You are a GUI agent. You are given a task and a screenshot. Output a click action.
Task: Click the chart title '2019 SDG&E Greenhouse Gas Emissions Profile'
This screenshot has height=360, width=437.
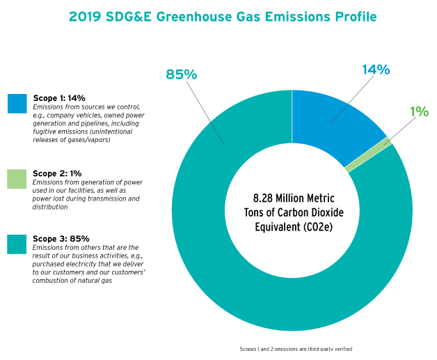[x=218, y=16]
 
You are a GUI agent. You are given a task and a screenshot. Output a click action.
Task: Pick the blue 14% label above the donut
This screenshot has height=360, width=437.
[x=375, y=70]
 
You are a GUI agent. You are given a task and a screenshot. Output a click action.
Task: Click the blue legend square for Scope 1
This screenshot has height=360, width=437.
[x=17, y=103]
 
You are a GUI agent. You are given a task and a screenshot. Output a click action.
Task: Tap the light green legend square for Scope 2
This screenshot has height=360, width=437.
[x=17, y=178]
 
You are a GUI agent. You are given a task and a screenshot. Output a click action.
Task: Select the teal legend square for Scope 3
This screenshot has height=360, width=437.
[x=17, y=244]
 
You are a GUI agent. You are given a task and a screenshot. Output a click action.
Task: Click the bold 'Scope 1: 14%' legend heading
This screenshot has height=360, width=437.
[x=60, y=99]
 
